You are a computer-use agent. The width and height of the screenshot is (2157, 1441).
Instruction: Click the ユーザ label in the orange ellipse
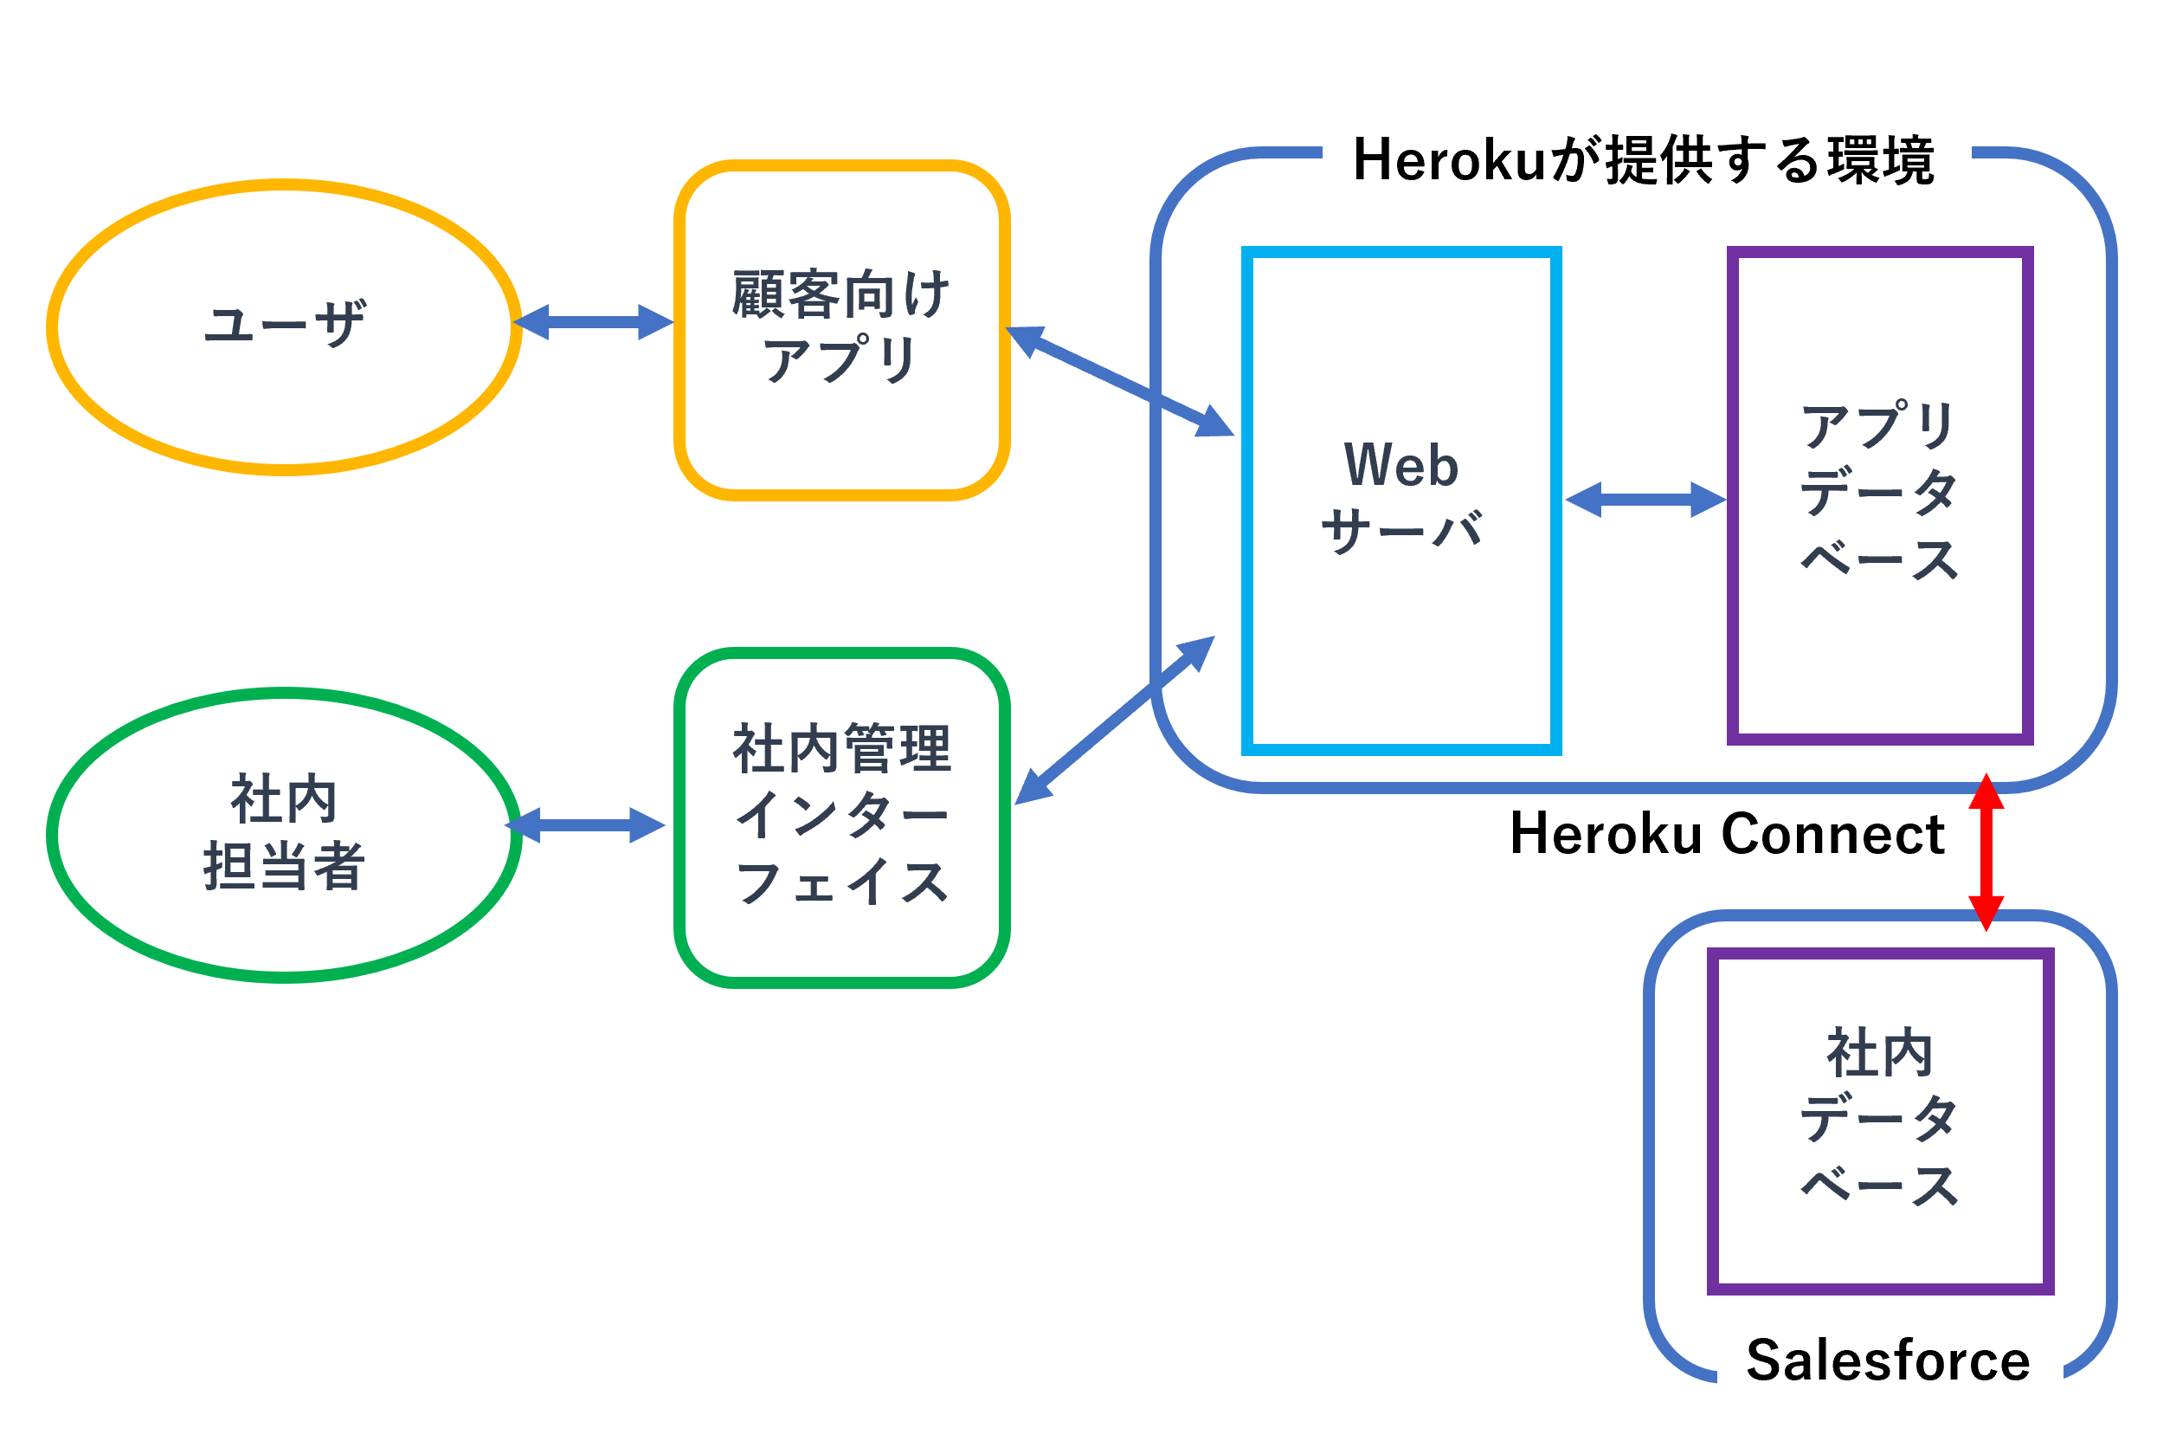[x=285, y=324]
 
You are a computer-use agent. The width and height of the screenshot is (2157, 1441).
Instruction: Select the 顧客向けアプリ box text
[x=841, y=326]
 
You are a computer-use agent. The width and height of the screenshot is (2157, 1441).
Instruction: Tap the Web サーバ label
[x=1401, y=497]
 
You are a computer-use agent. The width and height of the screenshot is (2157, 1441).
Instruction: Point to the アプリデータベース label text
[x=1879, y=493]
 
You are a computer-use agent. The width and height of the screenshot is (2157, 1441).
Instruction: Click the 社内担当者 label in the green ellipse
[x=284, y=832]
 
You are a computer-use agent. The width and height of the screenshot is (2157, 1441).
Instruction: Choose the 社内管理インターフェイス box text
[x=841, y=816]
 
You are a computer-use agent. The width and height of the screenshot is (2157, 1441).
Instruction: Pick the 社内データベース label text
[x=1879, y=1117]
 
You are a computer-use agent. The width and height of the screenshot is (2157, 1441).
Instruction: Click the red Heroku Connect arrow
[x=1986, y=852]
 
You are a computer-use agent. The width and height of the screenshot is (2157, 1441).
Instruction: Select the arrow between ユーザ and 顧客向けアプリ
[x=593, y=321]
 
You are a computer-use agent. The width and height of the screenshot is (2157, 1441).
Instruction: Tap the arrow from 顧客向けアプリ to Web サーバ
[x=1120, y=380]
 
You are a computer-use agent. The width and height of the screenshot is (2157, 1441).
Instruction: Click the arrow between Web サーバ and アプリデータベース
[x=1645, y=500]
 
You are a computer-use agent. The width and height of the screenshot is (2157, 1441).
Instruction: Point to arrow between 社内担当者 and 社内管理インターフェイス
[x=585, y=825]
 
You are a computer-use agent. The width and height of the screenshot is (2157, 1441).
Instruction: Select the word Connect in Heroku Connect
[x=1832, y=835]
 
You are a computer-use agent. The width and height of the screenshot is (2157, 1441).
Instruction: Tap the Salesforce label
[x=1888, y=1361]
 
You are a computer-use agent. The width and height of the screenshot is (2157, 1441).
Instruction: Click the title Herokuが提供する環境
[x=1644, y=160]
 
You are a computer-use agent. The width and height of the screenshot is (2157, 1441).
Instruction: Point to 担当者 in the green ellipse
[x=284, y=866]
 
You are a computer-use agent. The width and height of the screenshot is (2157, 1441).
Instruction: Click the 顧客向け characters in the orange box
[x=841, y=294]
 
